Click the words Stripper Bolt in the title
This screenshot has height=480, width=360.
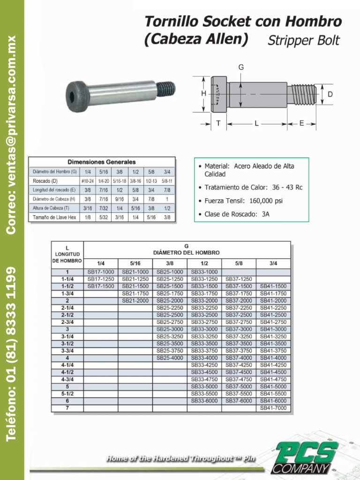(x=303, y=41)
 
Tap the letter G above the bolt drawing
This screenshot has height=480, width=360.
(x=241, y=67)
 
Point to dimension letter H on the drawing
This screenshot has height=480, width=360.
(x=204, y=94)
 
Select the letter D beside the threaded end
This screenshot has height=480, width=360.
(x=330, y=94)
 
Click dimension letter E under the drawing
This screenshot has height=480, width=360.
(x=301, y=123)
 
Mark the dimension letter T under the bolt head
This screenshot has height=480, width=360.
(x=218, y=123)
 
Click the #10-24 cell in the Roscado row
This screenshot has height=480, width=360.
(x=88, y=181)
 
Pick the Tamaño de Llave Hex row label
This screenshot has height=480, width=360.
(x=54, y=217)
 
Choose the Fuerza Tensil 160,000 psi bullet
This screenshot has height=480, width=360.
(x=243, y=201)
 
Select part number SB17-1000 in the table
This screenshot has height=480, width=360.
(x=101, y=272)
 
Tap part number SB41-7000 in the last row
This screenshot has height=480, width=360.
(x=273, y=408)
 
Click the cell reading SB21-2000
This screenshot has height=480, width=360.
(x=135, y=300)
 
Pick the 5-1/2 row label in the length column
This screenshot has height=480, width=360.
(x=67, y=394)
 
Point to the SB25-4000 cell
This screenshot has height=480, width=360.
(x=170, y=358)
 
